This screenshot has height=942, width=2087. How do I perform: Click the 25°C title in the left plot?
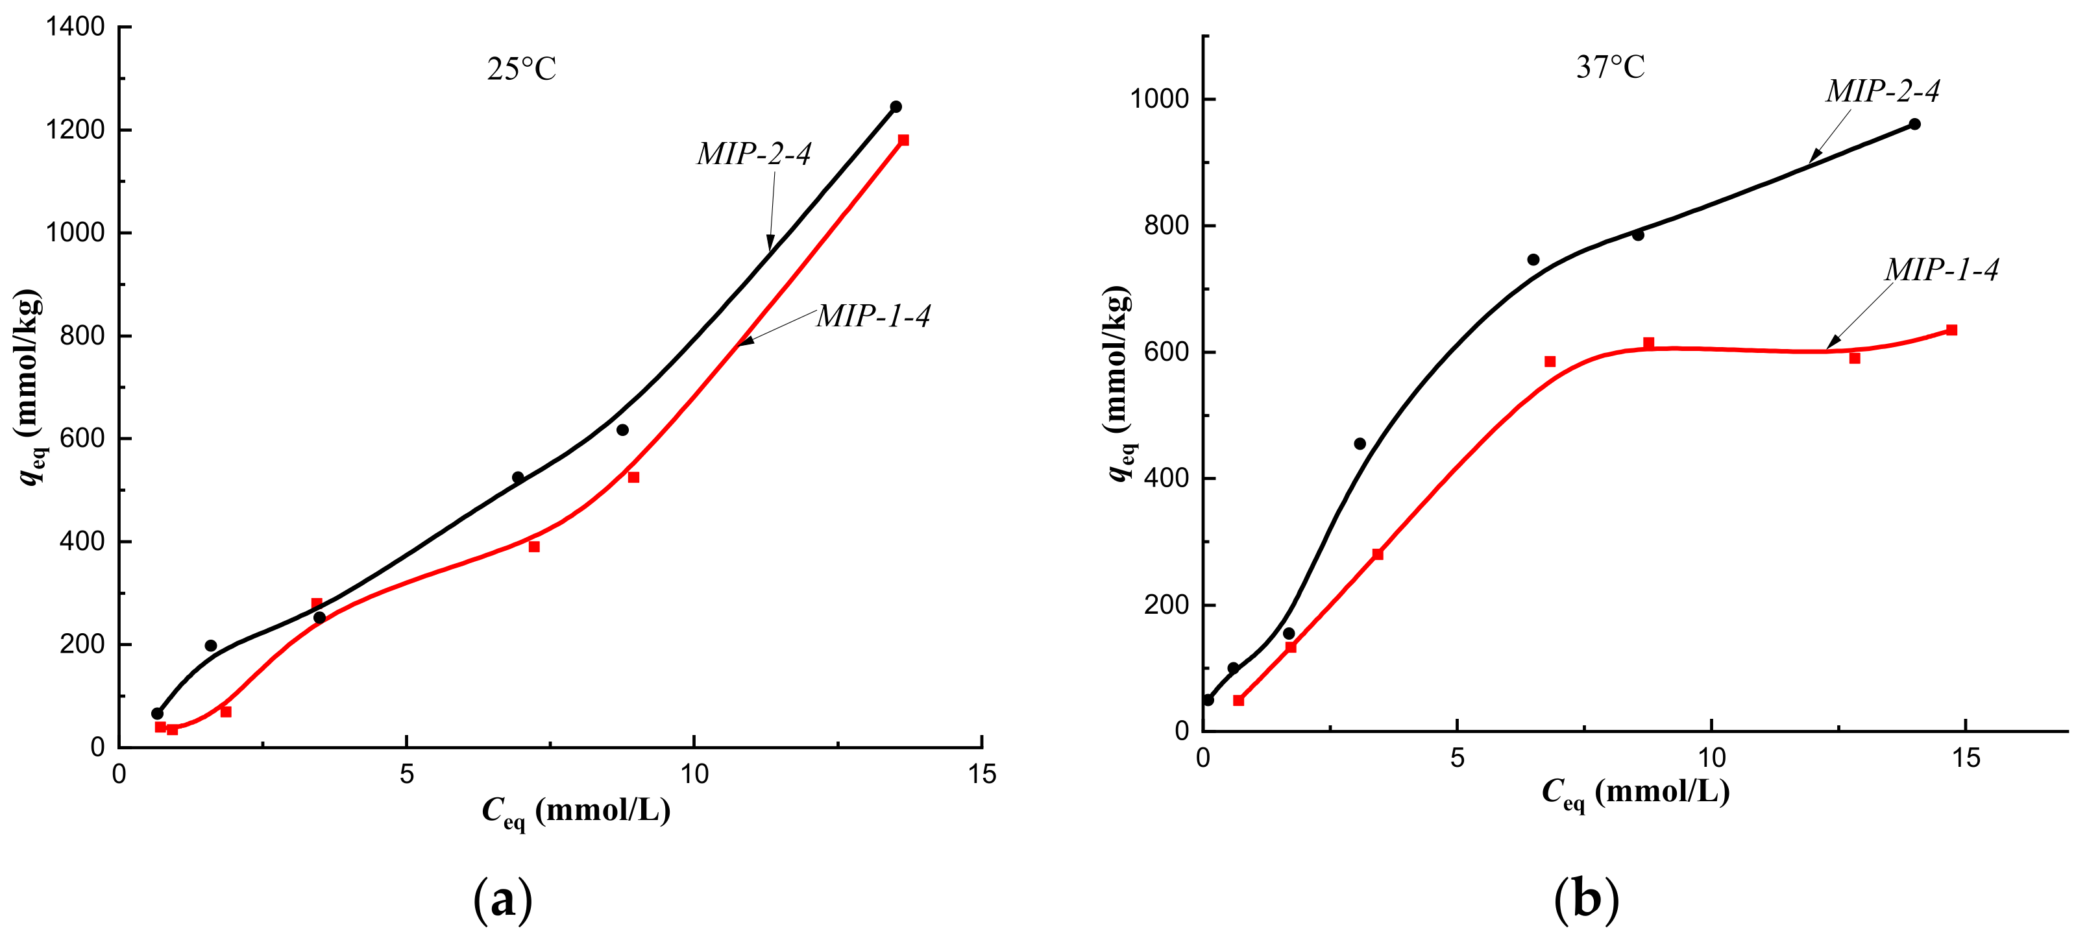coord(522,69)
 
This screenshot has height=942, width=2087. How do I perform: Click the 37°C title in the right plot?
coord(1610,66)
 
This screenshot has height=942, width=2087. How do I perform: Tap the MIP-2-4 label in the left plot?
coord(753,154)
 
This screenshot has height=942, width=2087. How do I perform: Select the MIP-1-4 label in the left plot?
coord(873,316)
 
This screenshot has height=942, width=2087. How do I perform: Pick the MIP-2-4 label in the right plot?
coord(1882,91)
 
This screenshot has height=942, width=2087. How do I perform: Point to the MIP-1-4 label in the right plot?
coord(1941,269)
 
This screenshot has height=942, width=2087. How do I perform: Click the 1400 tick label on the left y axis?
coord(75,27)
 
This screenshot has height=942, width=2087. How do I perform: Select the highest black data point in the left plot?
coord(896,107)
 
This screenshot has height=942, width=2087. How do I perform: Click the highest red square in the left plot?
coord(903,140)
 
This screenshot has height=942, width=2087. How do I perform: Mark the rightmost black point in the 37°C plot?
coord(1914,124)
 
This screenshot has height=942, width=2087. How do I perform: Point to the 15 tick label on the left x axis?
coord(982,775)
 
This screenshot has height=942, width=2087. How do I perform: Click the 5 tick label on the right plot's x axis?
coord(1457,758)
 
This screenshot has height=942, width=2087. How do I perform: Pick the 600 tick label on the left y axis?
coord(82,438)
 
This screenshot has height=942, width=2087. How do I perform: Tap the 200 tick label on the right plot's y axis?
coord(1166,605)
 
